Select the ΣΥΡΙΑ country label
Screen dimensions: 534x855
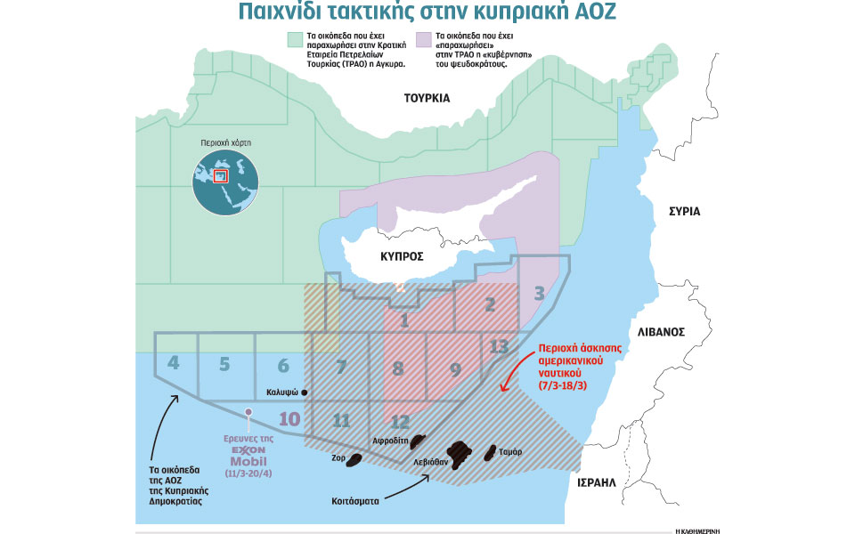684,212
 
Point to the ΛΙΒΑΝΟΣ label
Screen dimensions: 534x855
660,331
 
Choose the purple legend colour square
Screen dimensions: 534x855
423,40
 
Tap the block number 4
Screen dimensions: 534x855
174,363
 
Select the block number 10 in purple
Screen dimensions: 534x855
289,418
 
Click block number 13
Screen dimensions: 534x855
499,345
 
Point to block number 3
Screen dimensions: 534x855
539,293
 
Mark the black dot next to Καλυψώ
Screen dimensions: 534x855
305,392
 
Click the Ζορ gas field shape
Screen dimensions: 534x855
354,460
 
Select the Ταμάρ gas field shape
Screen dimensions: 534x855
489,455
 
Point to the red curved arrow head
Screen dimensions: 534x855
505,388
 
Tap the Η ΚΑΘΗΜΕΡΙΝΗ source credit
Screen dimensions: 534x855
696,529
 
